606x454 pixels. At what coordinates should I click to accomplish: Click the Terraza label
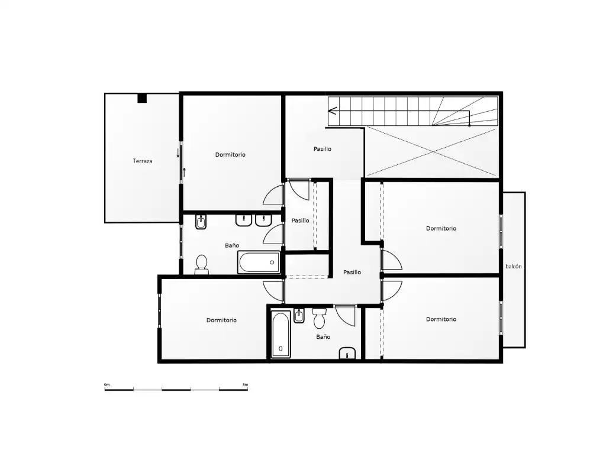pos(143,161)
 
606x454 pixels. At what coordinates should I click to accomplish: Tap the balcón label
pos(514,267)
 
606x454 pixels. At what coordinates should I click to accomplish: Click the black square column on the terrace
pos(142,99)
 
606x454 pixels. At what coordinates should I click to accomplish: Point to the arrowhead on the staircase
pos(333,111)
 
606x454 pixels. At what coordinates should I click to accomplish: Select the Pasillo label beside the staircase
pos(323,148)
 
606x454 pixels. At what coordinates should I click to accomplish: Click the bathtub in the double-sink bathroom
pos(259,262)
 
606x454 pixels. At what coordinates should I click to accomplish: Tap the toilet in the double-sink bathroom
pos(201,264)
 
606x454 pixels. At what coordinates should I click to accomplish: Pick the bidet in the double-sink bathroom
pos(201,222)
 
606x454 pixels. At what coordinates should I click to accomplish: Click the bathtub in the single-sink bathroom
pos(281,335)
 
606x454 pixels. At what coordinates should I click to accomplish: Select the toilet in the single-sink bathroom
pos(319,317)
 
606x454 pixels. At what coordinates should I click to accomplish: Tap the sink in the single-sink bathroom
pos(347,354)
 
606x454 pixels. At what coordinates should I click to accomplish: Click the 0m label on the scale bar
pos(107,384)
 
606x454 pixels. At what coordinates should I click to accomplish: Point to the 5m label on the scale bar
pos(246,384)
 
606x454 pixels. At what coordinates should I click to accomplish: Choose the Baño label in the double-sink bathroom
pos(232,245)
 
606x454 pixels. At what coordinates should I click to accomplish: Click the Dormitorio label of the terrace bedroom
pos(230,154)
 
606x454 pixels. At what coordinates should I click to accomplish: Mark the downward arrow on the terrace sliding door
pos(178,153)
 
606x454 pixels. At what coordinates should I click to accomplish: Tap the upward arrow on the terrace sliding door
pos(185,172)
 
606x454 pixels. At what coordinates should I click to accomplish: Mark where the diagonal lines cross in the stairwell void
pos(431,152)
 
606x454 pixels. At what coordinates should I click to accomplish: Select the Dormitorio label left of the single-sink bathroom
pos(221,320)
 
